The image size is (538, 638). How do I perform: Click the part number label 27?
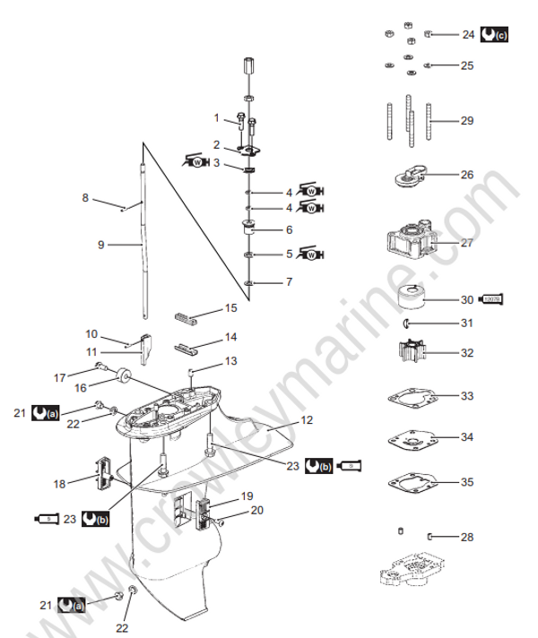[466, 243]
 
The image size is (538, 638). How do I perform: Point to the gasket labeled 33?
[411, 396]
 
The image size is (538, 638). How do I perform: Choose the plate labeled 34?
[411, 439]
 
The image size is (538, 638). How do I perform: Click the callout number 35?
[466, 481]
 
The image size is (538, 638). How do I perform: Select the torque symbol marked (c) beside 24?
[492, 36]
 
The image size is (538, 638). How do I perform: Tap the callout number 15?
[230, 308]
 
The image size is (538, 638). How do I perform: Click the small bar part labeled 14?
[186, 345]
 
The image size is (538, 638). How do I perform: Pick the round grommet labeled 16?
[124, 375]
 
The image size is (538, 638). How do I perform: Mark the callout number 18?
[59, 484]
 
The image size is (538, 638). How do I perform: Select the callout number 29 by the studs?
[466, 120]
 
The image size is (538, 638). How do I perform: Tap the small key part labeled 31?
[406, 323]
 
